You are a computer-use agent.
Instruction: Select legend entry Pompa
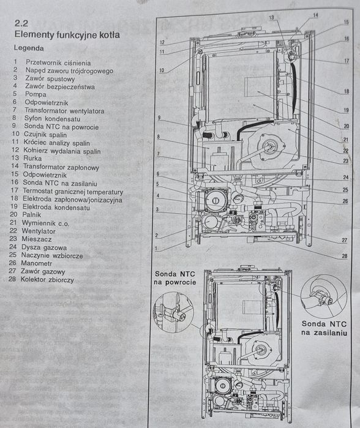(x=36, y=95)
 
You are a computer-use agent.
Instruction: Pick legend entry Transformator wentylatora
(x=64, y=111)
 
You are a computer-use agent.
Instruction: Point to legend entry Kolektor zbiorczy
(x=47, y=279)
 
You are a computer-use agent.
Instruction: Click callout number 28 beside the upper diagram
(x=344, y=256)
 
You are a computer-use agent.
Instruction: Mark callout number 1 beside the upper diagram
(x=156, y=249)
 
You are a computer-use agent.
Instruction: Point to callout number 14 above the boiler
(x=315, y=15)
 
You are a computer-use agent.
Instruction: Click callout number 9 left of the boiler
(x=158, y=117)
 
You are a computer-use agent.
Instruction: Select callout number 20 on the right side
(x=347, y=126)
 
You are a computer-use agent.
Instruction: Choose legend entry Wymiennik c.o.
(x=47, y=223)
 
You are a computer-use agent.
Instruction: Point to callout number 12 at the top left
(x=162, y=42)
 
